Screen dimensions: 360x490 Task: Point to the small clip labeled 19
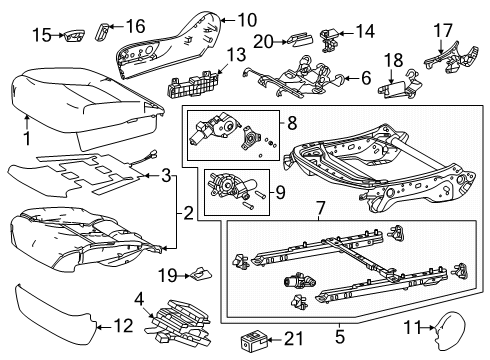[199, 271]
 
